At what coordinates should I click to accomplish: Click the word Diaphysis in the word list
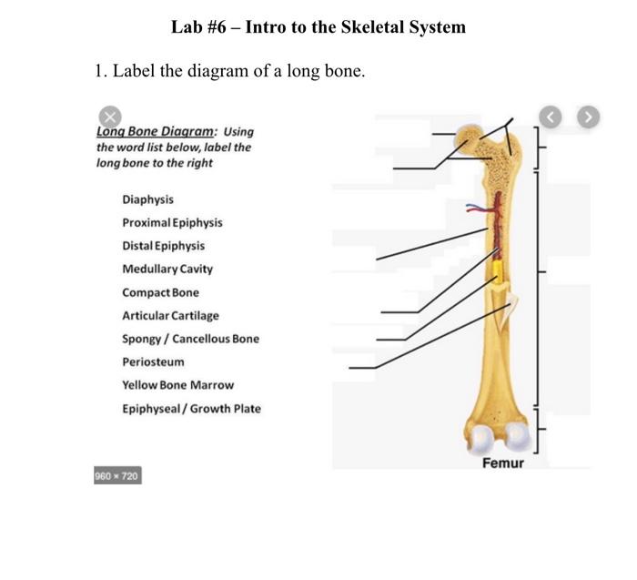(147, 199)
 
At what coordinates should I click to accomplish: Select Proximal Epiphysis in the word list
(172, 223)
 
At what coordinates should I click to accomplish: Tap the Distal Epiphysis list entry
(163, 246)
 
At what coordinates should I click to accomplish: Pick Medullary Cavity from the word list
(167, 270)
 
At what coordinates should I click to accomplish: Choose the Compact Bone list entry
(160, 292)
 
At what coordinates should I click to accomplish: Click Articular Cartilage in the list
(170, 316)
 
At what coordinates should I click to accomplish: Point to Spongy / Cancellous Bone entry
(190, 339)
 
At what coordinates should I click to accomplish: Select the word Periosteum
(153, 362)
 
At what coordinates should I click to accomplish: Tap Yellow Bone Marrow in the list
(177, 385)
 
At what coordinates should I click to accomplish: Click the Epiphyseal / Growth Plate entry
(191, 409)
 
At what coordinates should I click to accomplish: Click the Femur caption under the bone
(502, 463)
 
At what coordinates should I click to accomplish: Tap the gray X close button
(109, 117)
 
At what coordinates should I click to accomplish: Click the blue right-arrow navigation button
(590, 117)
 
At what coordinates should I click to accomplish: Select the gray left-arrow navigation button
(551, 117)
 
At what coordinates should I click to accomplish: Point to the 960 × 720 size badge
(117, 476)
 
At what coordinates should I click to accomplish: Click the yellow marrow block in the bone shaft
(498, 270)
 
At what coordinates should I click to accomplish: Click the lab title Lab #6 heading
(318, 27)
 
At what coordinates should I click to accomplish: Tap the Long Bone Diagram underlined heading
(155, 131)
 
